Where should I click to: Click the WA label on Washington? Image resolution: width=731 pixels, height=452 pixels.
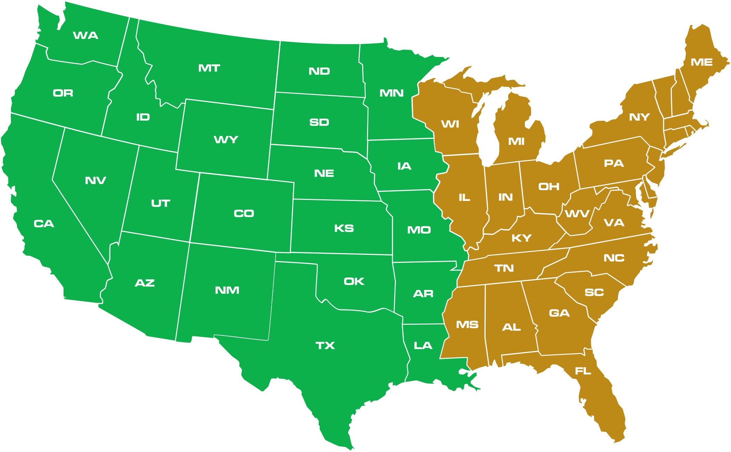(x=86, y=35)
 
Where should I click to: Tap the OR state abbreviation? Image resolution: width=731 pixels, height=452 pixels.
(x=63, y=93)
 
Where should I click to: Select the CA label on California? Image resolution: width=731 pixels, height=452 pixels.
(x=44, y=224)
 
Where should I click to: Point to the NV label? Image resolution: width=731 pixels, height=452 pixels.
(x=96, y=180)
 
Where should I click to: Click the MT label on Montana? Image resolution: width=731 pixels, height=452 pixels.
(x=209, y=68)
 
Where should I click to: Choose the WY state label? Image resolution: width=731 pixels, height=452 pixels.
(x=226, y=140)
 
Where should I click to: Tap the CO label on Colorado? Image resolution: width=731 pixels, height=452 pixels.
(x=244, y=213)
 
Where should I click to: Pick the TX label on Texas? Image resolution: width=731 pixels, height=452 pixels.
(x=325, y=346)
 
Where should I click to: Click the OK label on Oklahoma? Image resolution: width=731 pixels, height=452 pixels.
(x=354, y=281)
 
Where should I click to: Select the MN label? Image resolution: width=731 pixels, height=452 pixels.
(x=391, y=93)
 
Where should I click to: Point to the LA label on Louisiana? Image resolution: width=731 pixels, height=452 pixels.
(x=423, y=346)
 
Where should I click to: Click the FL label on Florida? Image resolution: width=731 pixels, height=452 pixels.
(x=583, y=371)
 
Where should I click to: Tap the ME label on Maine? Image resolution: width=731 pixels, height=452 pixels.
(x=702, y=62)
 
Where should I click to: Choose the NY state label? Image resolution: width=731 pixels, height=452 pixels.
(x=640, y=117)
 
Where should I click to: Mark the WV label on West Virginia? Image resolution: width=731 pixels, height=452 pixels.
(x=577, y=213)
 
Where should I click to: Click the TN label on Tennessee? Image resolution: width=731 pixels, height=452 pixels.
(x=504, y=268)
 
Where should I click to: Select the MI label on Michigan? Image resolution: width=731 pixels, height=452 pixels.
(x=516, y=142)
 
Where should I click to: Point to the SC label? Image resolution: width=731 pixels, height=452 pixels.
(x=594, y=292)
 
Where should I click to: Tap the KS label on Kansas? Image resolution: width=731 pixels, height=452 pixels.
(x=344, y=228)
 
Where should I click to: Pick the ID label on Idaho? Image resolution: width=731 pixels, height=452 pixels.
(x=143, y=117)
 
